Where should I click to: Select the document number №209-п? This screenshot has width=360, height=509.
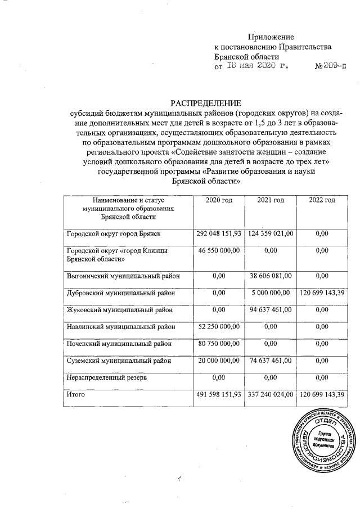[x=331, y=66]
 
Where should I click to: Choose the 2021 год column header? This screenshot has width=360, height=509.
[x=270, y=200]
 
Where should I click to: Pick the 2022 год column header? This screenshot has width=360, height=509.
[x=322, y=200]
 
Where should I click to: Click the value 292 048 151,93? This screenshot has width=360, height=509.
[x=218, y=233]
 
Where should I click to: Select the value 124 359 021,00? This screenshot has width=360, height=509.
[x=270, y=233]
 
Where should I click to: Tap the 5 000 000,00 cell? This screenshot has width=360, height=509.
[x=271, y=293]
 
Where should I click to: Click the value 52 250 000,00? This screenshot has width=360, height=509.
[x=219, y=327]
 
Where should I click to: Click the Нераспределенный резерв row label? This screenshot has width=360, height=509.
[x=107, y=379]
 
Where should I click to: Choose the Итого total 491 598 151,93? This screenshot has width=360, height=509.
[x=218, y=396]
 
